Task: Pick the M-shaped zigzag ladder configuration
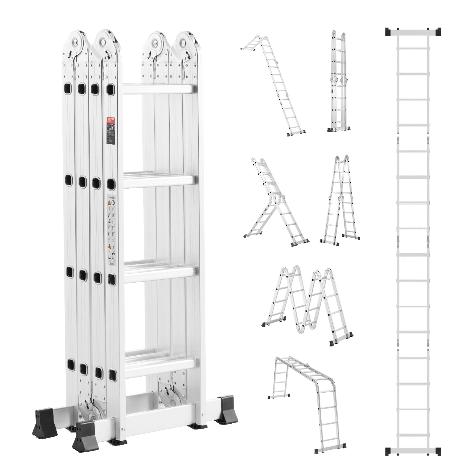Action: click(x=307, y=304)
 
